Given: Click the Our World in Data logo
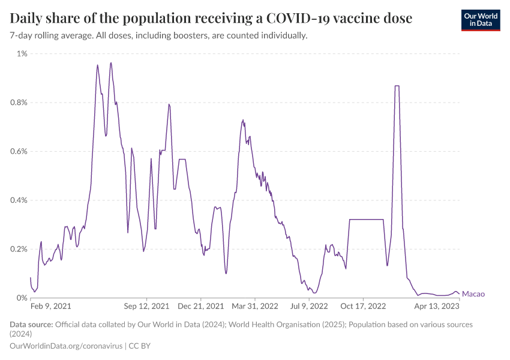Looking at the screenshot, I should pos(481,20).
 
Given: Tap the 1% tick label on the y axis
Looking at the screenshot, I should pos(22,54).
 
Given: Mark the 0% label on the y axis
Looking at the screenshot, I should pos(22,298).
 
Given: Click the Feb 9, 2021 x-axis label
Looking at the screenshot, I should pos(51,306).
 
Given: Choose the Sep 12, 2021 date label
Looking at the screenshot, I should pos(147,306).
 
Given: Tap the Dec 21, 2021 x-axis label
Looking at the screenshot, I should pos(200,306).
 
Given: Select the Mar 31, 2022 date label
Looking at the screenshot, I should pos(256,306).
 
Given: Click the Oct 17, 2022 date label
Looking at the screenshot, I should pos(364,306).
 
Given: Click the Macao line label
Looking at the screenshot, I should pos(473,294).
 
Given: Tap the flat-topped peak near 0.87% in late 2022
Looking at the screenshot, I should pos(397,86).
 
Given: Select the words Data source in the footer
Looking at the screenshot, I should pos(31,325).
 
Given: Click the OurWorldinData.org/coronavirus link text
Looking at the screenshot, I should pos(66,346).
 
